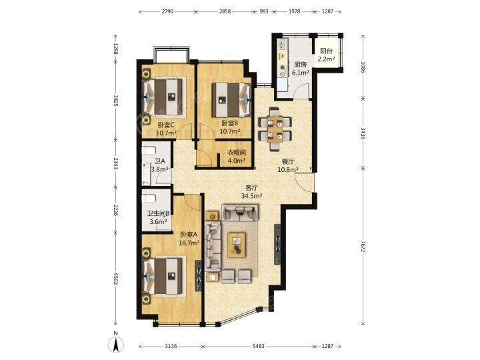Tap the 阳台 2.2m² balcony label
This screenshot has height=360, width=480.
326,55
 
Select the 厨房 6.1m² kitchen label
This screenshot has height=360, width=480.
300,69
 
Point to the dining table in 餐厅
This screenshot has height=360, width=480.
275,129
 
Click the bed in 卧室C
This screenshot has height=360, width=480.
165,97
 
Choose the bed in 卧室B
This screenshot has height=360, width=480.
231,100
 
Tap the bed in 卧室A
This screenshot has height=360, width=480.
165,277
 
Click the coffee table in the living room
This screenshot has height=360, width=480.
236,245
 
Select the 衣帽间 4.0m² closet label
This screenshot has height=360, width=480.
236,157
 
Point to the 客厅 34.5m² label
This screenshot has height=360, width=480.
251,192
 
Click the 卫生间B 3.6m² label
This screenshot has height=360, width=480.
158,217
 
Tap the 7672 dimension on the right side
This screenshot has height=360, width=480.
363,246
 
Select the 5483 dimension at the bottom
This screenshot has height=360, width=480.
259,346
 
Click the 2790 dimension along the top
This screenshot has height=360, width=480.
167,11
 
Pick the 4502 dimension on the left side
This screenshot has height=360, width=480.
116,279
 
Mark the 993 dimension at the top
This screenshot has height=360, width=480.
264,11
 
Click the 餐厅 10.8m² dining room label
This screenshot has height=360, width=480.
288,165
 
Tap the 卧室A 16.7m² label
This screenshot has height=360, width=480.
189,239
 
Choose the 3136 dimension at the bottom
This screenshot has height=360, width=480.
171,346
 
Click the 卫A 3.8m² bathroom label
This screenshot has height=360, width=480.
160,165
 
